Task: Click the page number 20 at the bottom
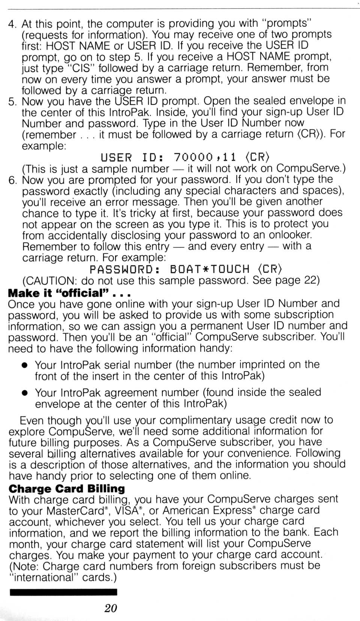pyautogui.click(x=111, y=608)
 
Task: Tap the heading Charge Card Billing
pyautogui.click(x=66, y=489)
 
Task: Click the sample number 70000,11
pyautogui.click(x=205, y=157)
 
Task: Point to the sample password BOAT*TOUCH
pyautogui.click(x=210, y=269)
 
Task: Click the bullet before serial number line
pyautogui.click(x=25, y=366)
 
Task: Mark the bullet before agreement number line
pyautogui.click(x=25, y=393)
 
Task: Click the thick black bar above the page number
pyautogui.click(x=63, y=592)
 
